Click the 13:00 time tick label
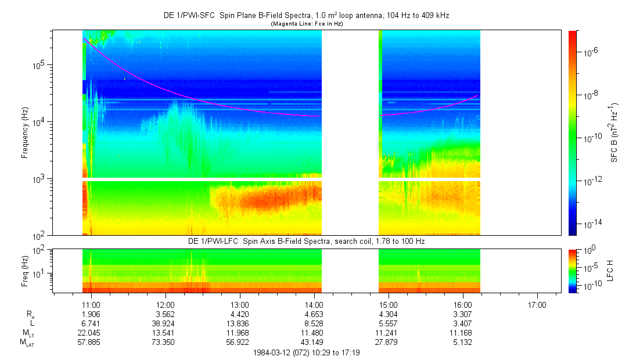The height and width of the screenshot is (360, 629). click(240, 304)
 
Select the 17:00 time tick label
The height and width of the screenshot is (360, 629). click(537, 304)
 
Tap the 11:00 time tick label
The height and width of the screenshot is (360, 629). click(91, 304)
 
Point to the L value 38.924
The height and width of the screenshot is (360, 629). click(166, 323)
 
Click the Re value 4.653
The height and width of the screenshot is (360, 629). click(314, 314)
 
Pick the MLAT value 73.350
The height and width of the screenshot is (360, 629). click(166, 343)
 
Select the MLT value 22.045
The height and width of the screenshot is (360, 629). click(91, 333)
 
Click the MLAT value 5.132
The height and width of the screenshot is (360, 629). click(462, 343)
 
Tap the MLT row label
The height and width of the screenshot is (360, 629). click(27, 333)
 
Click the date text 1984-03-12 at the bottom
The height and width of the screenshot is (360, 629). click(274, 352)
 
